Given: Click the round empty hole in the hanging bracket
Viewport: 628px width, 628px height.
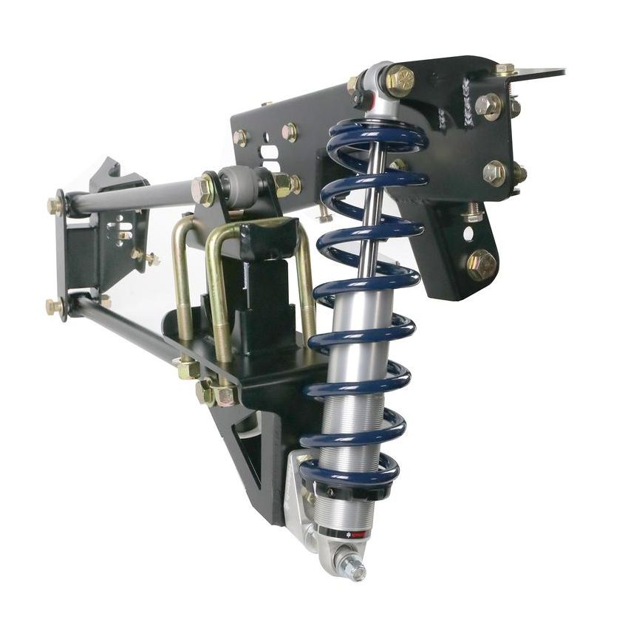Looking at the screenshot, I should tap(467, 233).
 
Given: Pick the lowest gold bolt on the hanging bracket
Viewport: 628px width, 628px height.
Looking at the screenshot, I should tap(481, 264).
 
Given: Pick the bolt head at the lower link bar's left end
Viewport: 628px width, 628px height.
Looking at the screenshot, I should tap(54, 306).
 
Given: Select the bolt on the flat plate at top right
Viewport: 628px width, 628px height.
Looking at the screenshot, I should tap(505, 69).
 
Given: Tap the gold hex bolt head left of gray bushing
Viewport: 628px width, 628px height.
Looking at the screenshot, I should tap(202, 191).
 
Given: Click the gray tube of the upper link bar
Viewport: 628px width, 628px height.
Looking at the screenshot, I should tap(133, 196).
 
